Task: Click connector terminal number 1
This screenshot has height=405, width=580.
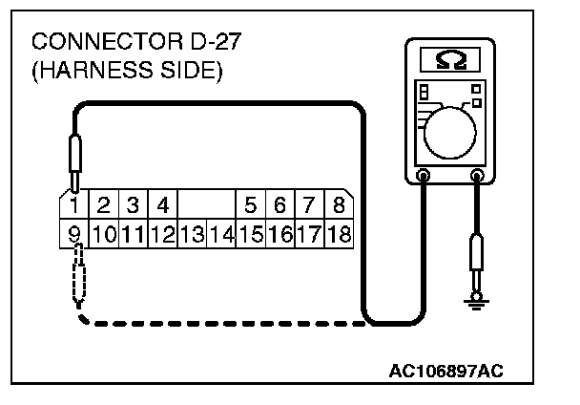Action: click(74, 204)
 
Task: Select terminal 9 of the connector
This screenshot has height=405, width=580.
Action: click(74, 231)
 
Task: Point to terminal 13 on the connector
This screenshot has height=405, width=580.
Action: click(192, 231)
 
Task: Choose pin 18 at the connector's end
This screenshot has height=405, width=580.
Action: click(339, 231)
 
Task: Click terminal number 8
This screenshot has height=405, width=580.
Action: click(339, 204)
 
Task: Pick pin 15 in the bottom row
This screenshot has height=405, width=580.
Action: click(252, 231)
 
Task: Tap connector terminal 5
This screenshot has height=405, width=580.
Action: click(252, 204)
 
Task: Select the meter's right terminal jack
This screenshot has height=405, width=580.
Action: click(477, 176)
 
